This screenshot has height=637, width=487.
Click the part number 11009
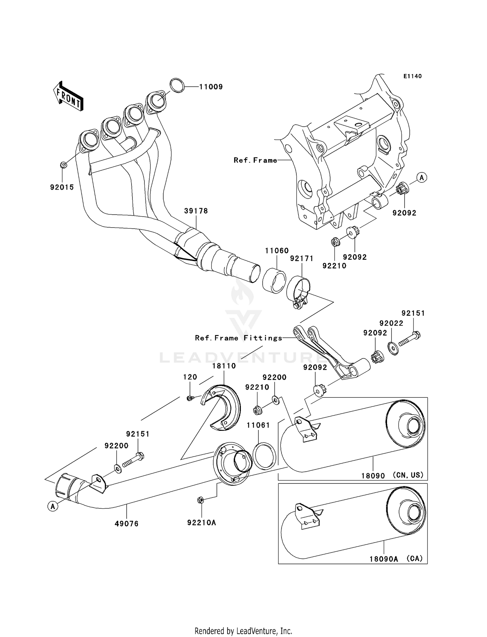211,87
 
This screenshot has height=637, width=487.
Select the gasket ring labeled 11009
177,85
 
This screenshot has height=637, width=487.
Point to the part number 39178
196,211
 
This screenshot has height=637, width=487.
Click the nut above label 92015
64,165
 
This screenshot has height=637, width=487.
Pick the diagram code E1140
412,76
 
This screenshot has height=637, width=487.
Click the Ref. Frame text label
256,160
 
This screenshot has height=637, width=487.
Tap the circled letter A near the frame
421,178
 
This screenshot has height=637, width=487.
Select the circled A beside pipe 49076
53,506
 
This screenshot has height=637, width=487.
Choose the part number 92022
391,323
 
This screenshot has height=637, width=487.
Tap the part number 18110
224,366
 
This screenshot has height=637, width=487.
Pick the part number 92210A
201,522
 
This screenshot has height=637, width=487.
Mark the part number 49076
126,524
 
